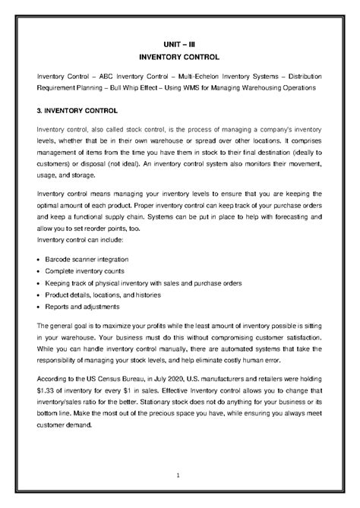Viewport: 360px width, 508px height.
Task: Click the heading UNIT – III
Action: point(179,45)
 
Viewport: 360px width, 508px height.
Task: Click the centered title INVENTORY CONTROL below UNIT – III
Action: point(179,57)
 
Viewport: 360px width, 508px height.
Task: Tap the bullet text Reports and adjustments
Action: point(82,307)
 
